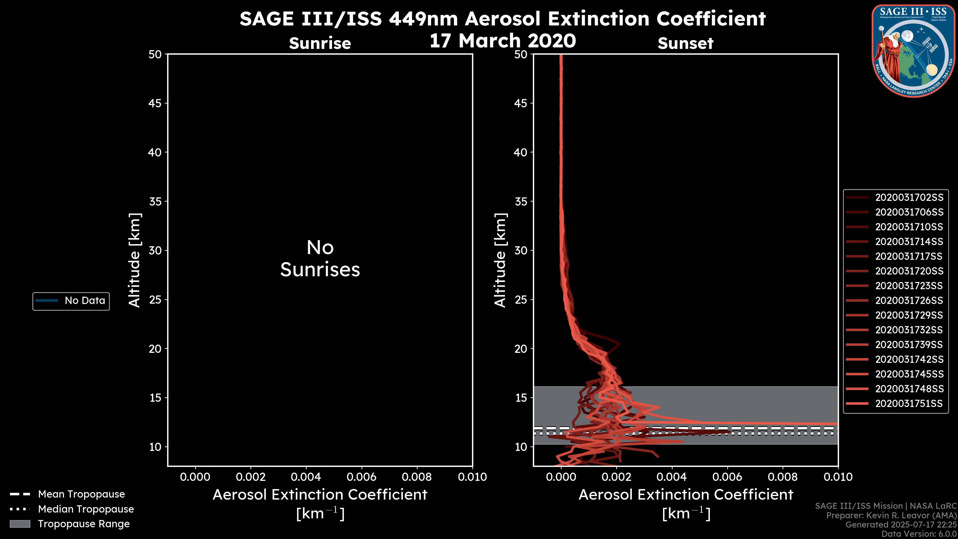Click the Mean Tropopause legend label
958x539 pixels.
81,494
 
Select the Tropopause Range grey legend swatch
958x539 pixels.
20,524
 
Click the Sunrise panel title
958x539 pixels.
320,43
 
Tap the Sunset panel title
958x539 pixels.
685,43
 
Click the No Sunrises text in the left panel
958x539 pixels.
320,259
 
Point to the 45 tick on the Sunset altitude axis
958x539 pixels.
521,103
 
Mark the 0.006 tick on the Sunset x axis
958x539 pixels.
727,477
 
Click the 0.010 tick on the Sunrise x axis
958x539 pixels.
472,477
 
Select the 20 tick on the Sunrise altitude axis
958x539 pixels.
155,349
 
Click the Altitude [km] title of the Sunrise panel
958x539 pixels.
134,260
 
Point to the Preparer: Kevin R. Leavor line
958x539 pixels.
891,516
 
